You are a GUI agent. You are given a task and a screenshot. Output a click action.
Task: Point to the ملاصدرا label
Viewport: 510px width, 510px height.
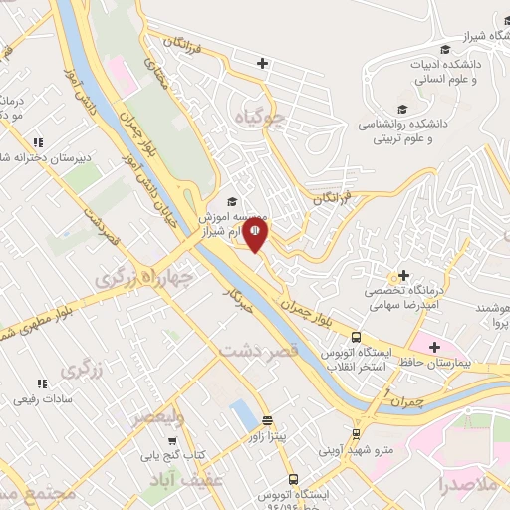point(472,485)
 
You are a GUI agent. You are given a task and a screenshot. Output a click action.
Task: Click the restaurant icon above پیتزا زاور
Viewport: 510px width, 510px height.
point(267,420)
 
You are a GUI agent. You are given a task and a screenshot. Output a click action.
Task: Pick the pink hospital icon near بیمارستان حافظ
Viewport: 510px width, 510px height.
point(434,348)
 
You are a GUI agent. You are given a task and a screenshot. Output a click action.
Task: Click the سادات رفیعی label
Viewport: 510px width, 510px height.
point(41,399)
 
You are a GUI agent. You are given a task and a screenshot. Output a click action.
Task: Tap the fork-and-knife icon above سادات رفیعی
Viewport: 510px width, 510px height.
point(41,383)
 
